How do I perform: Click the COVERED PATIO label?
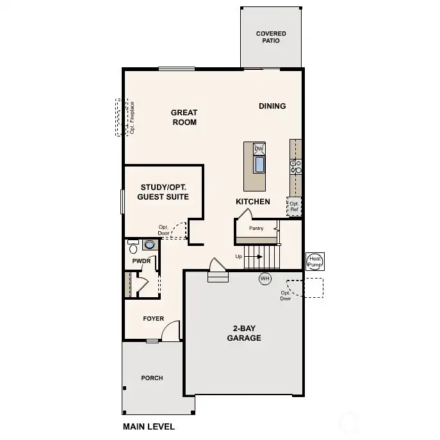click(x=271, y=37)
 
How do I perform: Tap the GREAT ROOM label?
click(x=184, y=117)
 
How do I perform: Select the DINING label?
click(x=272, y=106)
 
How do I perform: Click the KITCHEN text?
click(x=253, y=202)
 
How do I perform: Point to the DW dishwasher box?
click(x=259, y=149)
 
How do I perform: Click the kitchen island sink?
click(x=259, y=165)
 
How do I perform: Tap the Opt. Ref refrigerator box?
click(x=294, y=206)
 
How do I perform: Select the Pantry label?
click(x=256, y=228)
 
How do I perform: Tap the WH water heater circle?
click(x=265, y=279)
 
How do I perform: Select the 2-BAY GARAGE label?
click(x=244, y=333)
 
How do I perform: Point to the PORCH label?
click(x=152, y=378)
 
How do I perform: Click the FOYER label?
click(x=153, y=319)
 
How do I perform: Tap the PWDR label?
click(x=140, y=261)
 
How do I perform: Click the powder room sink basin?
click(x=150, y=245)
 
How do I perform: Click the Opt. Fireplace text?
click(x=132, y=117)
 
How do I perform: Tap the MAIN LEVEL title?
click(x=149, y=427)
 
